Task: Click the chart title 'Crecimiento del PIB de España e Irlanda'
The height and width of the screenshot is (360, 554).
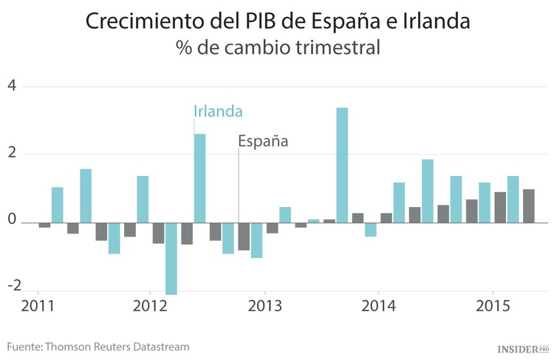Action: [x=277, y=21]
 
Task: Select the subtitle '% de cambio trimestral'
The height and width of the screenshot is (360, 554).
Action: [x=278, y=49]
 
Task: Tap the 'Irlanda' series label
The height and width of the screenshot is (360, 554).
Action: [x=218, y=111]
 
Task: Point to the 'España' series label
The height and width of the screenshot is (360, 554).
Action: [x=262, y=141]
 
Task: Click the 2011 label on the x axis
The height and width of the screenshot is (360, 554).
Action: [x=37, y=306]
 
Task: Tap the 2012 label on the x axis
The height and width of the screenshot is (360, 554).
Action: [x=151, y=306]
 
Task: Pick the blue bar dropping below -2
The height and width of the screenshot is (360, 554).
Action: [x=171, y=258]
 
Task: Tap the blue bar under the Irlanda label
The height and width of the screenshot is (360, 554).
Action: [x=199, y=178]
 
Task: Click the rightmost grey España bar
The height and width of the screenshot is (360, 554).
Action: [x=529, y=206]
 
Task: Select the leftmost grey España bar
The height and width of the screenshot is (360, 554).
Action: [x=44, y=225]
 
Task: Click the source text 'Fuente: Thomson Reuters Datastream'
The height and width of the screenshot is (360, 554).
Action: [x=98, y=346]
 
